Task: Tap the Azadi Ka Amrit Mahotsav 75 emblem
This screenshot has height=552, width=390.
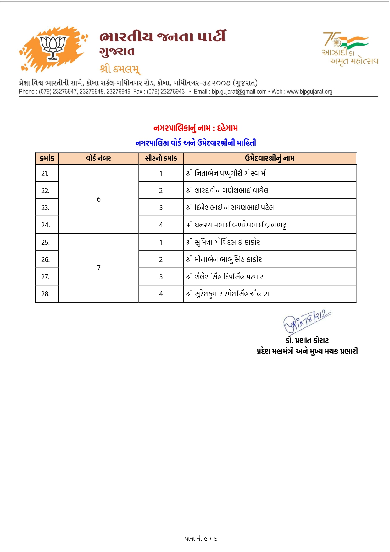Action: pos(350,48)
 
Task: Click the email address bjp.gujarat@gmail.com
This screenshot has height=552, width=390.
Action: pos(239,92)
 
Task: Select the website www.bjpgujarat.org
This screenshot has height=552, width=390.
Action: pos(309,92)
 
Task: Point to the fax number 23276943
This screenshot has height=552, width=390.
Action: pos(173,92)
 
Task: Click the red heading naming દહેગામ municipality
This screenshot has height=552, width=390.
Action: pos(196,128)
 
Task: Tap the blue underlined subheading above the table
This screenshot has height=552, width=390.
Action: pos(196,143)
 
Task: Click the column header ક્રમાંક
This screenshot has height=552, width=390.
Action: pos(47,158)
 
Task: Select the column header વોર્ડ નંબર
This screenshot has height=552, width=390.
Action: pos(98,158)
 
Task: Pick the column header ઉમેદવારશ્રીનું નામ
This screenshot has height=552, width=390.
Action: pos(270,158)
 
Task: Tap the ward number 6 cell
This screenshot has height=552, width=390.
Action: pos(99,199)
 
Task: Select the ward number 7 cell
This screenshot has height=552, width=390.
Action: pos(99,268)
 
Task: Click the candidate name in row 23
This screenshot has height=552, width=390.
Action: pos(230,208)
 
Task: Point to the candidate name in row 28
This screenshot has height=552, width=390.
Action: pos(227,294)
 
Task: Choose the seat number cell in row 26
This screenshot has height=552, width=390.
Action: pos(161,259)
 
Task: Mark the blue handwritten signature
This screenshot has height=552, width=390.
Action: pos(307,321)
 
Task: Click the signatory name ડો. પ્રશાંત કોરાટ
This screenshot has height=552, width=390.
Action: pos(307,340)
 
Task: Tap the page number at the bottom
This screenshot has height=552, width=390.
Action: pos(201,539)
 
